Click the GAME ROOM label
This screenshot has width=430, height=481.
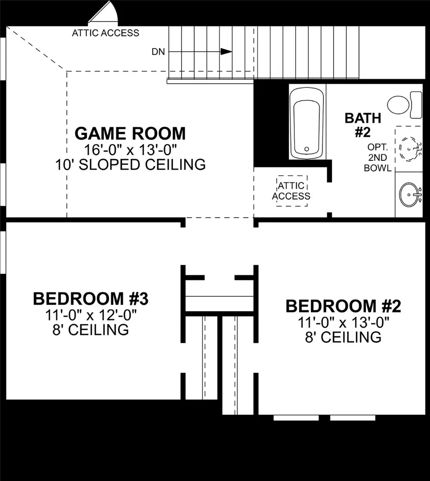130,133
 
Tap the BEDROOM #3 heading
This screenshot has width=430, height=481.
91,299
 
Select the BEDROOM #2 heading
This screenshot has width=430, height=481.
343,305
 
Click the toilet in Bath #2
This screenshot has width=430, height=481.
404,104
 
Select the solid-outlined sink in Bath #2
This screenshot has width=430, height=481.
409,194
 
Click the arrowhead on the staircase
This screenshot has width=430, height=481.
226,52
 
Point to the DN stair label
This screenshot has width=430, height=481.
159,52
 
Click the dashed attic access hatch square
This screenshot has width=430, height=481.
291,190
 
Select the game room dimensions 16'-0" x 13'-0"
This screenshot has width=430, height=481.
130,149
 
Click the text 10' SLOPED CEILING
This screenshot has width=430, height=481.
130,165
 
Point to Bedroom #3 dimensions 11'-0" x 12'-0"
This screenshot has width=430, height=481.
91,314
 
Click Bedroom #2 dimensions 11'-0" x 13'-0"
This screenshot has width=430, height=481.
343,322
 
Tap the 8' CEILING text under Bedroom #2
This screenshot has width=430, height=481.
343,337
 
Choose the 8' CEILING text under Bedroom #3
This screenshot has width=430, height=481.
91,330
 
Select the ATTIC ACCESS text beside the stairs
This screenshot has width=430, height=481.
106,33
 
